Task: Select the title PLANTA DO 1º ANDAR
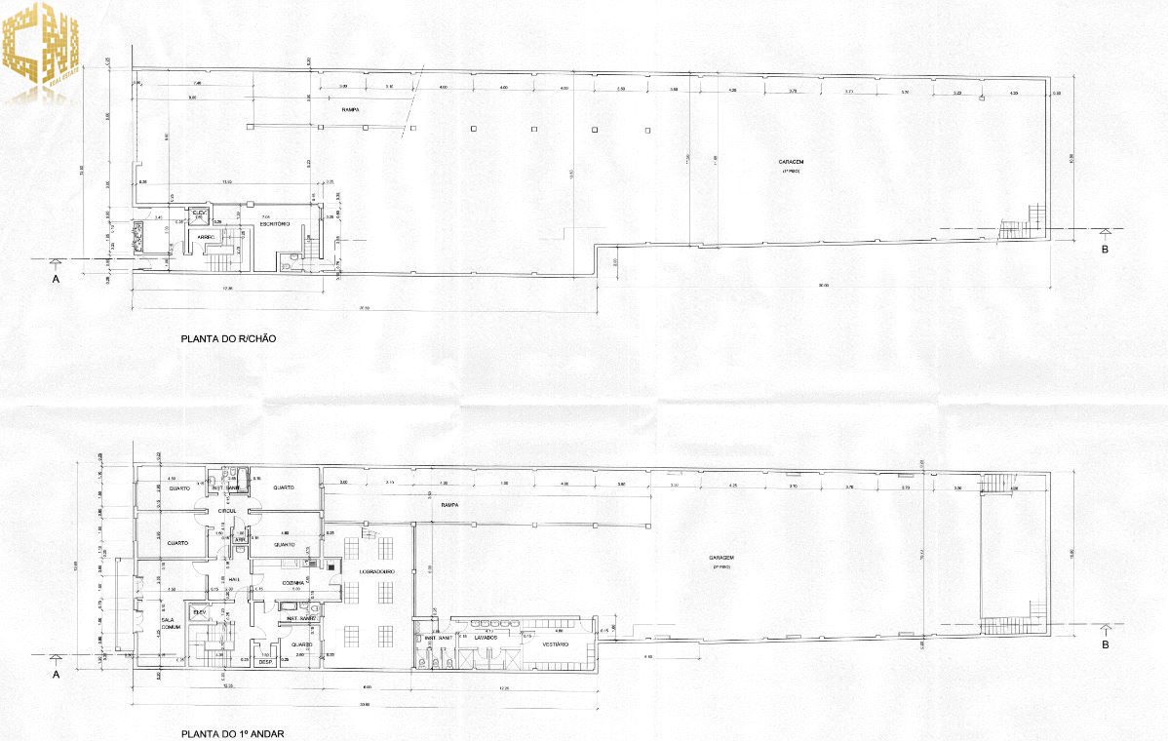[231, 732]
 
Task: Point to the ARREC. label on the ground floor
[206, 236]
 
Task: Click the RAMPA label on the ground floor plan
[350, 110]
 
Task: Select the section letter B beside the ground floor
[1105, 249]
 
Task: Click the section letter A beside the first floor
[56, 673]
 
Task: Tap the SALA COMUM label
[173, 624]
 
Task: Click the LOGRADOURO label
[375, 571]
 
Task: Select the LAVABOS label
[487, 637]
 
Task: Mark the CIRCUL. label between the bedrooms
[228, 511]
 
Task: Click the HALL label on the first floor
[234, 579]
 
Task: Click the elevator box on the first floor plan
[200, 612]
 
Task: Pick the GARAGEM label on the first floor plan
[721, 559]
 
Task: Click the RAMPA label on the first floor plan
[448, 506]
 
